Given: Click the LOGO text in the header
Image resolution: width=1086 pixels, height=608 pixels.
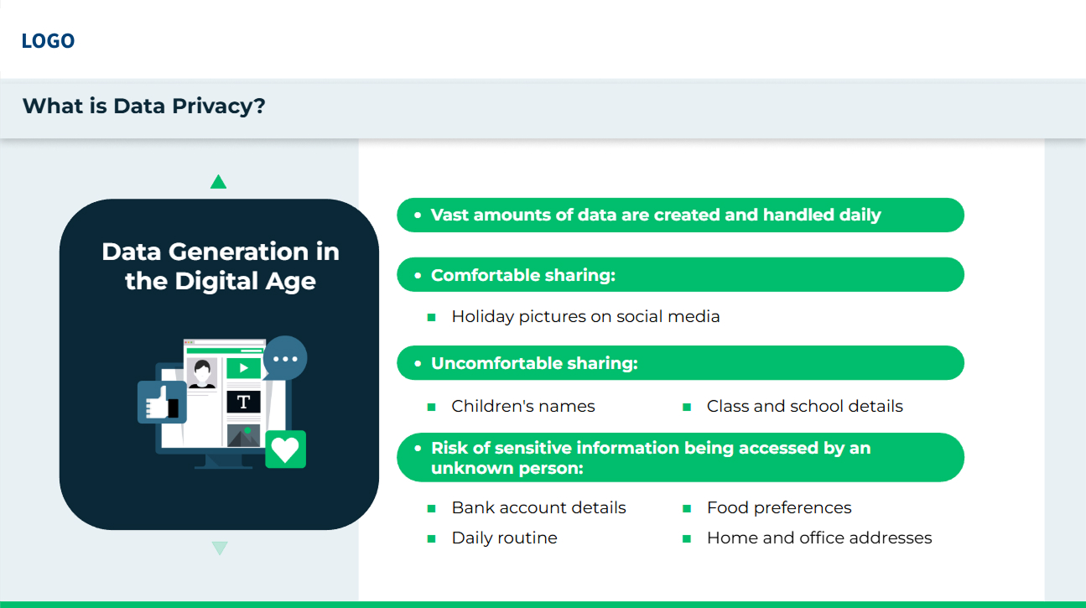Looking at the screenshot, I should pyautogui.click(x=48, y=41).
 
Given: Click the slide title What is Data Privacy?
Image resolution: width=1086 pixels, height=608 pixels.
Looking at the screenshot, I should pyautogui.click(x=143, y=107).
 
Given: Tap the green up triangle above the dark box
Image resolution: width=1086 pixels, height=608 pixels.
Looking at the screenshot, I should pyautogui.click(x=219, y=182).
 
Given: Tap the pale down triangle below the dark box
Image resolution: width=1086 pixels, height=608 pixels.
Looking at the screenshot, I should pyautogui.click(x=220, y=548).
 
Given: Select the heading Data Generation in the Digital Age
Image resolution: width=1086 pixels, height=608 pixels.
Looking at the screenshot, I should pyautogui.click(x=220, y=266).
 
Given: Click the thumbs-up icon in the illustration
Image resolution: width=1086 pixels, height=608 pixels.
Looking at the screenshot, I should pyautogui.click(x=161, y=403).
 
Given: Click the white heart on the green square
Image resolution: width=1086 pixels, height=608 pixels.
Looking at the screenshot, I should pyautogui.click(x=285, y=450).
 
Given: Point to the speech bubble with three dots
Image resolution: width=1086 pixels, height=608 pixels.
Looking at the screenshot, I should pyautogui.click(x=285, y=359).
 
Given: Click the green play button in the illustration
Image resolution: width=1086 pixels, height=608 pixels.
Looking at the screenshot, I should pyautogui.click(x=244, y=367).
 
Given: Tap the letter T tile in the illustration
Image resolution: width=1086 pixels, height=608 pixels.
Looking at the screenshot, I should pyautogui.click(x=243, y=402).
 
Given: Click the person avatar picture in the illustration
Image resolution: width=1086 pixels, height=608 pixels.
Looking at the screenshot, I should pyautogui.click(x=201, y=372).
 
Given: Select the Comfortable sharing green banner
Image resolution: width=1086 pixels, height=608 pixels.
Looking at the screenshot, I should pyautogui.click(x=680, y=275).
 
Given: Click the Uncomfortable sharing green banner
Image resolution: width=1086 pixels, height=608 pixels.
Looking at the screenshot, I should pyautogui.click(x=680, y=363).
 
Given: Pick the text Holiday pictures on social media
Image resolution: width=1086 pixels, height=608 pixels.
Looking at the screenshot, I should pyautogui.click(x=585, y=317).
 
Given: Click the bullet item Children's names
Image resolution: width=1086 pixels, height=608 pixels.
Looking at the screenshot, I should pyautogui.click(x=522, y=407).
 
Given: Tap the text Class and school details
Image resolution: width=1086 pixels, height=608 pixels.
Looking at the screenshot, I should pyautogui.click(x=804, y=407).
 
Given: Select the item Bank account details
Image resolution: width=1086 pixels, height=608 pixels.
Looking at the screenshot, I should pyautogui.click(x=538, y=508).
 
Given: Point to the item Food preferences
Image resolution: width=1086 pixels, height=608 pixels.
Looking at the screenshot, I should pyautogui.click(x=778, y=508).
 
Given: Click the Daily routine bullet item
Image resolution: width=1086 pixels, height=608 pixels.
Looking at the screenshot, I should pyautogui.click(x=504, y=538).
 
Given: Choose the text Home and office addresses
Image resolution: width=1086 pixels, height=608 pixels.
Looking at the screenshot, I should pyautogui.click(x=818, y=538).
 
